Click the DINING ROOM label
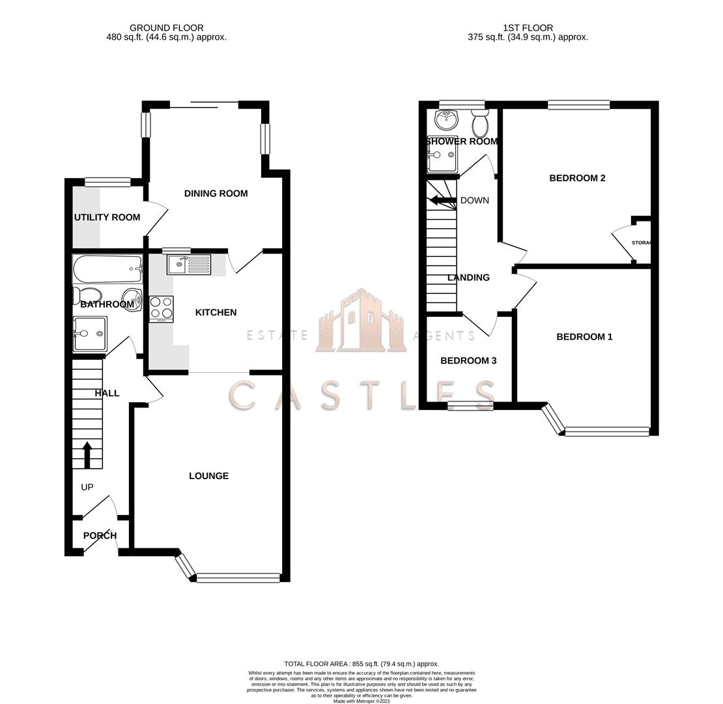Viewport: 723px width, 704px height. (x=216, y=194)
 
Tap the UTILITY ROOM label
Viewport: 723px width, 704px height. (x=107, y=218)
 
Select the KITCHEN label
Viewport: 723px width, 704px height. (x=216, y=313)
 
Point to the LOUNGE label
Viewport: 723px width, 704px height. (x=208, y=477)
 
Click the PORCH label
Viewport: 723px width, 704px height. (x=100, y=536)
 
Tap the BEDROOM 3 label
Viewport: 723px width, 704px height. (x=468, y=361)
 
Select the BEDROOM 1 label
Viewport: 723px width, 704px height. (x=584, y=337)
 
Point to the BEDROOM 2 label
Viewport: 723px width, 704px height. (x=577, y=179)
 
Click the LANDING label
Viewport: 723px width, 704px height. (x=468, y=278)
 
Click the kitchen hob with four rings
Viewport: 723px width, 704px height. (x=162, y=309)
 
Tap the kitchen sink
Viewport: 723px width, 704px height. (x=189, y=264)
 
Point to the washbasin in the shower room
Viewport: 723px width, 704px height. (x=447, y=119)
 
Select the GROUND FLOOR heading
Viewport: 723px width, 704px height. (x=166, y=28)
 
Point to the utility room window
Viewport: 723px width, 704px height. (x=107, y=182)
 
